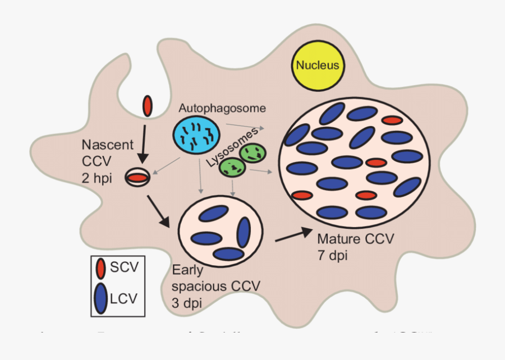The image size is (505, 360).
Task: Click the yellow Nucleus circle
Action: coord(318,65)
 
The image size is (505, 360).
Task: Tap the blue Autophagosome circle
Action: coord(195,135)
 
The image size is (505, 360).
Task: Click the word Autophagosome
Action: coord(222,108)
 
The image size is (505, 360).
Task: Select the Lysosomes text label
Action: coord(232,146)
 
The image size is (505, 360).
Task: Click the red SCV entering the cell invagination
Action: coord(148,105)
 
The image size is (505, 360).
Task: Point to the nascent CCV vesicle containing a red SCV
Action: coord(137,177)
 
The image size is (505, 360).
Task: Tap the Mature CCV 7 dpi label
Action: coord(355,247)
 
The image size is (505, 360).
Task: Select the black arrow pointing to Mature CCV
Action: coord(293,235)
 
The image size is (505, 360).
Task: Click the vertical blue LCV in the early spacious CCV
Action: coord(244,232)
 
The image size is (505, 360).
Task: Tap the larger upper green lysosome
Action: coord(253,152)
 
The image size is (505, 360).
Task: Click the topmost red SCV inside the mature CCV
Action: coord(392,120)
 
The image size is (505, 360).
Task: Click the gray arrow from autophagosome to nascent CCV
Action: coord(165,165)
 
